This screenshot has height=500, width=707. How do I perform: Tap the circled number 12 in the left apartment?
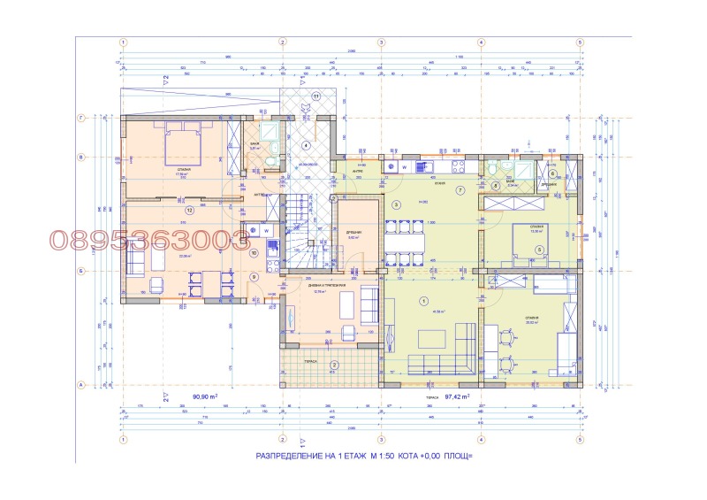(x=189, y=211)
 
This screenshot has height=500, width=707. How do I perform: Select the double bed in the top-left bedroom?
(x=183, y=142)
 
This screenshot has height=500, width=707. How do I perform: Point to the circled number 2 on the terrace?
(x=334, y=365)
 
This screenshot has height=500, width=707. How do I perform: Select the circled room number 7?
(x=460, y=190)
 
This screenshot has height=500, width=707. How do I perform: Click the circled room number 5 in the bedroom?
(x=538, y=250)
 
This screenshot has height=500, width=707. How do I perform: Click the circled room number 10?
(x=254, y=252)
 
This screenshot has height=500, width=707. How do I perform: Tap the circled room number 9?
(x=254, y=277)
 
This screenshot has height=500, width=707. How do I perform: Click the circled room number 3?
(x=397, y=205)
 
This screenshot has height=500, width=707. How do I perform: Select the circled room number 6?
(x=552, y=173)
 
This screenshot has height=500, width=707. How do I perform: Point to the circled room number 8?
(x=497, y=185)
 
